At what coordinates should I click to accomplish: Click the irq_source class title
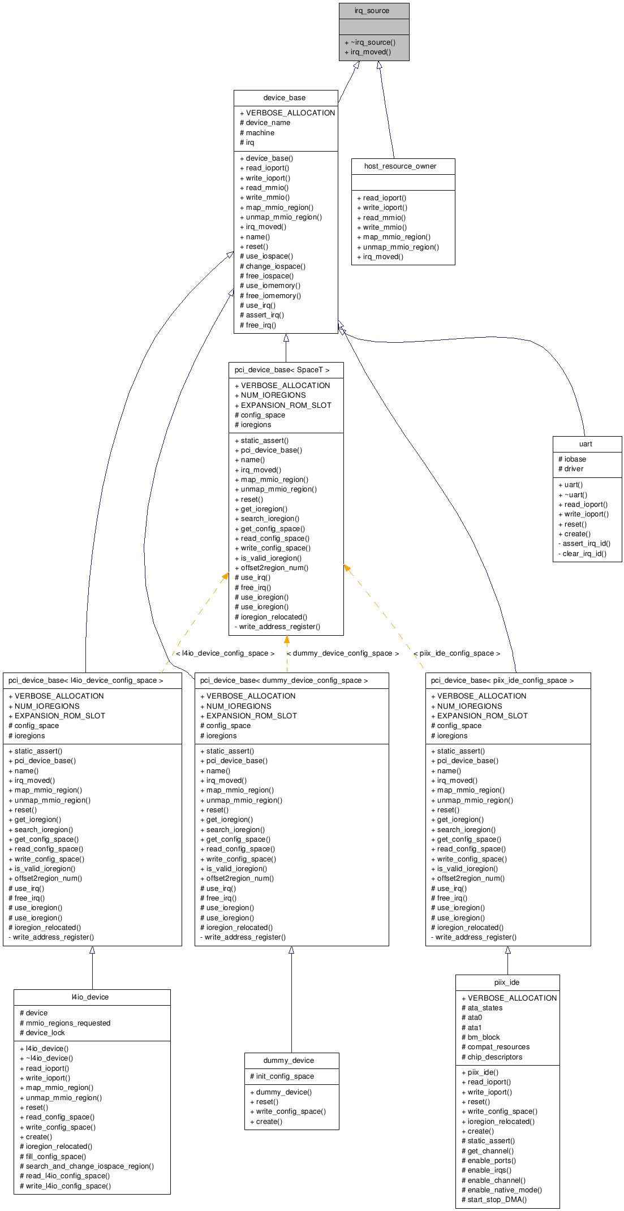point(372,11)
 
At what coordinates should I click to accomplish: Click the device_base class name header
point(285,98)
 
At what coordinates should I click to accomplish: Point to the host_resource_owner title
point(400,166)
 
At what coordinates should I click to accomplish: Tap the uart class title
point(586,444)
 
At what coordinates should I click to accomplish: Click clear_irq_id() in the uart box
point(584,554)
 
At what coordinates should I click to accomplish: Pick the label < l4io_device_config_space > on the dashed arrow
point(225,653)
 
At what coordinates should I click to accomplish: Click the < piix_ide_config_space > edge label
point(457,653)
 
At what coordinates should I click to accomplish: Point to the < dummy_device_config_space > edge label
point(343,653)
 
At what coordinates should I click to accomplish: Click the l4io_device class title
point(90,997)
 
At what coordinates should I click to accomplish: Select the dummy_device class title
point(289,1061)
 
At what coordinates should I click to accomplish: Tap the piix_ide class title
point(506,982)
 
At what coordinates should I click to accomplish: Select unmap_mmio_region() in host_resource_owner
point(401,247)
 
